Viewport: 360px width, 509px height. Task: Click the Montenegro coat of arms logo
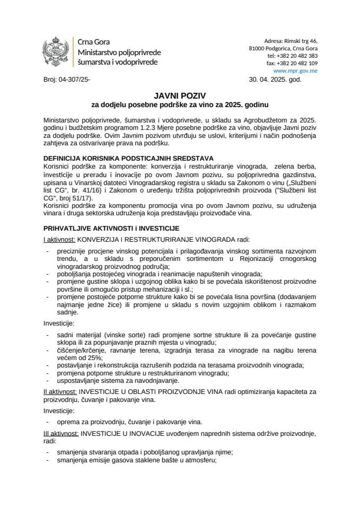[56, 51]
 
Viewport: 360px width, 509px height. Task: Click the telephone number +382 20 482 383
[300, 55]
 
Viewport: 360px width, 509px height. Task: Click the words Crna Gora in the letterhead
[94, 42]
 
